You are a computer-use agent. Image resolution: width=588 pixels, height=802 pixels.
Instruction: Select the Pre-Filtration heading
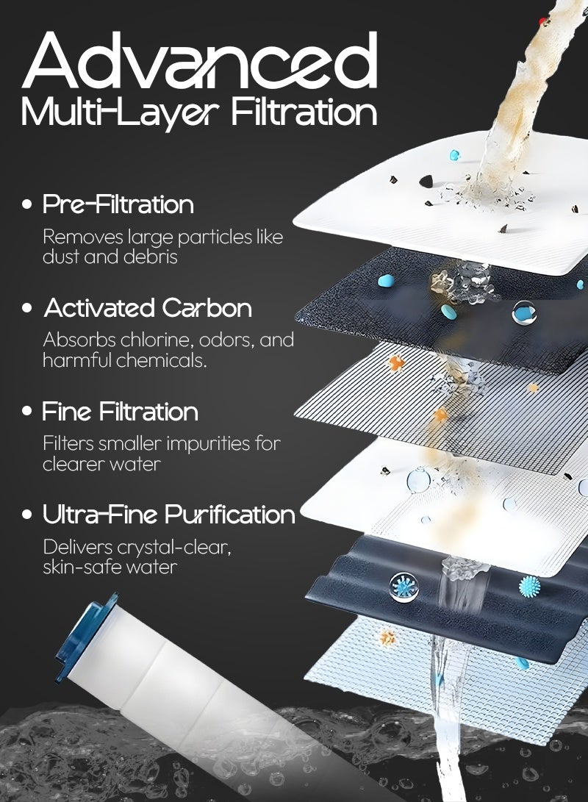tap(118, 204)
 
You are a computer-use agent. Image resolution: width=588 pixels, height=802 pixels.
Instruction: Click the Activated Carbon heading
tap(148, 307)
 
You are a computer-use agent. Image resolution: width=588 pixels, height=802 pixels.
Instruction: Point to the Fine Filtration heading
tap(120, 411)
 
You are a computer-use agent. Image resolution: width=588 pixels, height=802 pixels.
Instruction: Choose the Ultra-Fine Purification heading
tap(168, 515)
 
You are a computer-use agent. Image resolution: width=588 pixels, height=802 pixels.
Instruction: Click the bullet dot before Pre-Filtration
tap(28, 205)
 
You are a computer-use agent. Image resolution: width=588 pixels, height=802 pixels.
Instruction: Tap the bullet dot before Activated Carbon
tap(28, 309)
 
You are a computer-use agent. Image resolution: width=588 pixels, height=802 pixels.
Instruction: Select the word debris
tap(151, 257)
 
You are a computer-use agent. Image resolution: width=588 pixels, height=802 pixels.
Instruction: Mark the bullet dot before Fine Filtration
tap(28, 412)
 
